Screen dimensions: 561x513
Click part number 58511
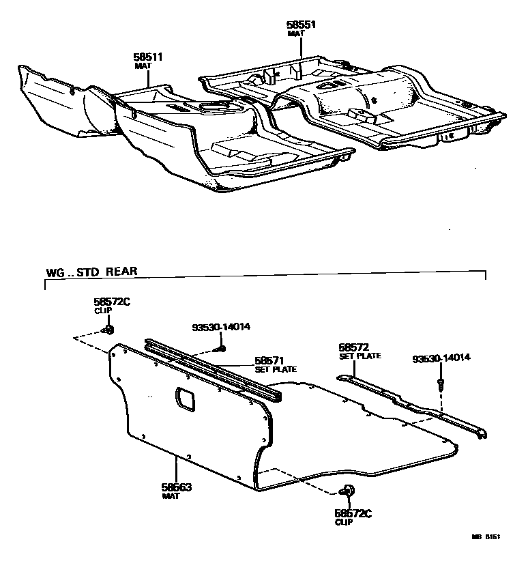[147, 57]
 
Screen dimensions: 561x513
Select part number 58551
[302, 25]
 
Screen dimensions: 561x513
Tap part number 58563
[177, 487]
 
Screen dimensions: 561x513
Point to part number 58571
[269, 360]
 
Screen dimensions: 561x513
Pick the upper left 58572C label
[111, 302]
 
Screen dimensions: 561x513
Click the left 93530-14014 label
[222, 327]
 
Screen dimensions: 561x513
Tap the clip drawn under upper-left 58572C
[108, 331]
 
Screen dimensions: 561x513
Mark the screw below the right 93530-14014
[442, 384]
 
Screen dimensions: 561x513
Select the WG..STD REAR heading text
[91, 271]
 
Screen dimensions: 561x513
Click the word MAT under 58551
[295, 33]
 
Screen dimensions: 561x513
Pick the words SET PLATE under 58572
[360, 356]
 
